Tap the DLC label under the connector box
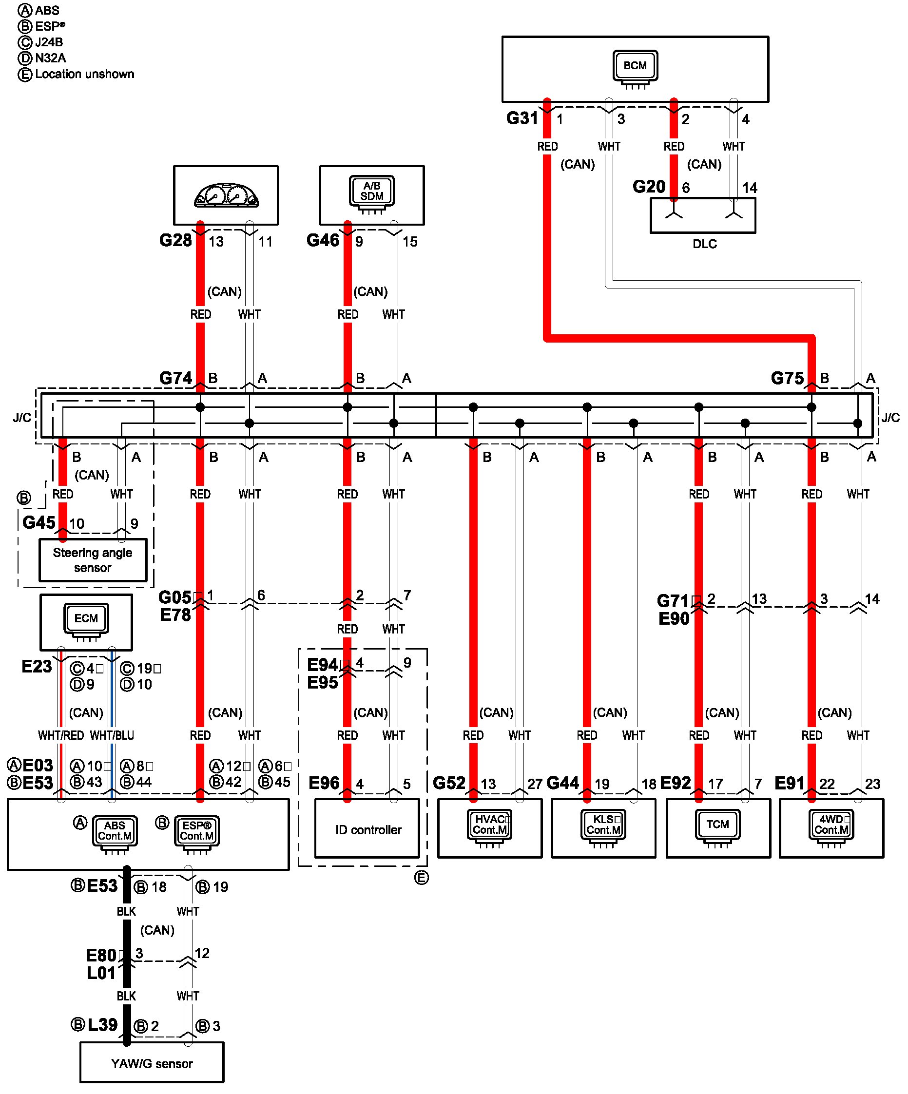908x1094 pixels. click(704, 244)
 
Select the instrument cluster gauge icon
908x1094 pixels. click(226, 195)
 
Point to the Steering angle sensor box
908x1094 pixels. click(93, 560)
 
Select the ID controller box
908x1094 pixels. click(367, 828)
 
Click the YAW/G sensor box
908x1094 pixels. click(152, 1063)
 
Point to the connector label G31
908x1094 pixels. click(522, 118)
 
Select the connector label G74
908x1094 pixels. click(175, 378)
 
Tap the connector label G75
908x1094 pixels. click(787, 378)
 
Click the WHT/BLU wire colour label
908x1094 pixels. click(112, 735)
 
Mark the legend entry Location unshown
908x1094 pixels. click(84, 74)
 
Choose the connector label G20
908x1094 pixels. click(649, 187)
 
